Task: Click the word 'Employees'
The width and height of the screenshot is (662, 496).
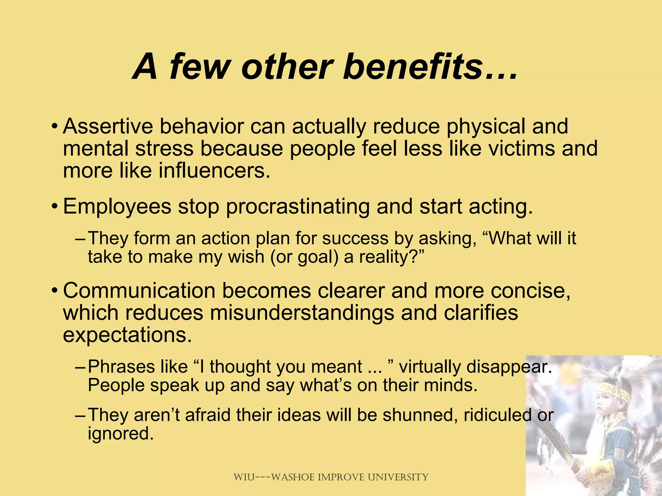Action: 117,207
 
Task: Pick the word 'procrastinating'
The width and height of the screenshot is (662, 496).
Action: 297,207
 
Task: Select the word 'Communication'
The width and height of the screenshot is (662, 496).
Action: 139,291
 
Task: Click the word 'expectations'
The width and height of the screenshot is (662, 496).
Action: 127,335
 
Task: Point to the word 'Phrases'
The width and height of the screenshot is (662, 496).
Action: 122,367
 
